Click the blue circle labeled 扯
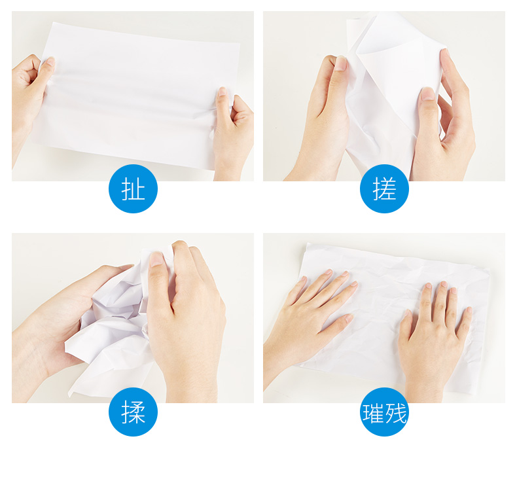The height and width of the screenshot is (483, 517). (x=133, y=188)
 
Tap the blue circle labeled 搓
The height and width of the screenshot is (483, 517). (x=384, y=188)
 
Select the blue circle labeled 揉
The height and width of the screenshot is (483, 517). (x=133, y=412)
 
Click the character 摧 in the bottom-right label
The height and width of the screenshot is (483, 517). (x=373, y=413)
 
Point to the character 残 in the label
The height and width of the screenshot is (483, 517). (x=396, y=413)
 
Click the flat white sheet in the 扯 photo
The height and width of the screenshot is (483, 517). (x=139, y=96)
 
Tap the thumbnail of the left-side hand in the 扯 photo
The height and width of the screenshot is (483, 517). (x=50, y=62)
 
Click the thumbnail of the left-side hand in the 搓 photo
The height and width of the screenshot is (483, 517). (x=341, y=63)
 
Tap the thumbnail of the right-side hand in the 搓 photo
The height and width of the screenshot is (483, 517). (x=428, y=94)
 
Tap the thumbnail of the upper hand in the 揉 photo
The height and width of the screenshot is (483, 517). (x=156, y=259)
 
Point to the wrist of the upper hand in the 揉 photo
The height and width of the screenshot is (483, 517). (x=191, y=385)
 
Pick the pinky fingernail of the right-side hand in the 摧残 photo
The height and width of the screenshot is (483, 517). (x=469, y=310)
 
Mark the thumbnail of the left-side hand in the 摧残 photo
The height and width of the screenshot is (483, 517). (x=349, y=318)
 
